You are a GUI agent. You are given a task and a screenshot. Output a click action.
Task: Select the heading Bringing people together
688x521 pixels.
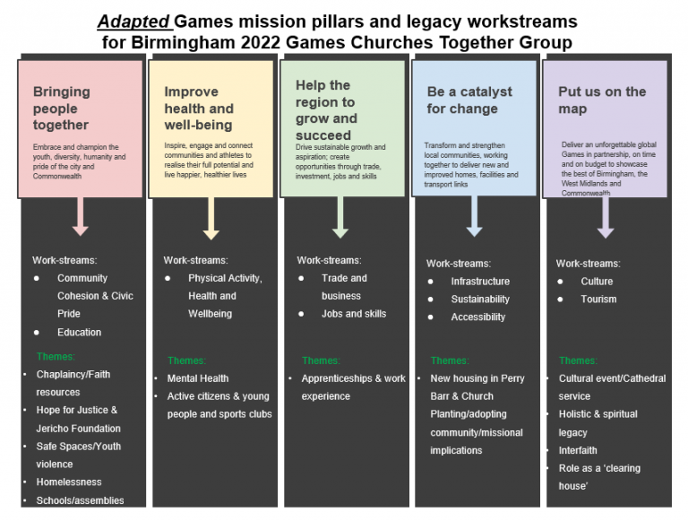[62, 108]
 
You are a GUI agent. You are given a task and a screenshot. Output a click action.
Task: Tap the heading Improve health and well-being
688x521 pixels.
[198, 108]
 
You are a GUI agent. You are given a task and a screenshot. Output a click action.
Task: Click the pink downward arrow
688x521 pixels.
[81, 215]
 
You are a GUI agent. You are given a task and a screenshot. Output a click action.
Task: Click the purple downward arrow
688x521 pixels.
[606, 218]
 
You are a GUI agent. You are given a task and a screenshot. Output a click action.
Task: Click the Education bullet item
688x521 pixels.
[79, 332]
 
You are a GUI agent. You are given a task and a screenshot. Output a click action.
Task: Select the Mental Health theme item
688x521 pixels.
[197, 378]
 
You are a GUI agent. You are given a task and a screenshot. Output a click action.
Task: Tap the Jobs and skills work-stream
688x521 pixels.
[354, 314]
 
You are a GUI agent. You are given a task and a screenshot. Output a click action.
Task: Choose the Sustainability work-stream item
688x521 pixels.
[480, 300]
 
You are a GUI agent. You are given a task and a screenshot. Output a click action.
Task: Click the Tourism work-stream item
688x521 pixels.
[598, 300]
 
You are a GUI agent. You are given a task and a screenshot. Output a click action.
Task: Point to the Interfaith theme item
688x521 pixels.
[578, 450]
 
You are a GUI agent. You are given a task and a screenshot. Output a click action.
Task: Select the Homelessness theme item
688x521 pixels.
[69, 482]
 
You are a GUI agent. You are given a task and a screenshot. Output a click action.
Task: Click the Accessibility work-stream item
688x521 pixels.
[477, 317]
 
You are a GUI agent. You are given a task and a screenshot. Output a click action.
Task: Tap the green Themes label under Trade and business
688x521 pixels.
[321, 360]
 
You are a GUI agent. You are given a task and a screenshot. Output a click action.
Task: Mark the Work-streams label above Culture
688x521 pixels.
[588, 264]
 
